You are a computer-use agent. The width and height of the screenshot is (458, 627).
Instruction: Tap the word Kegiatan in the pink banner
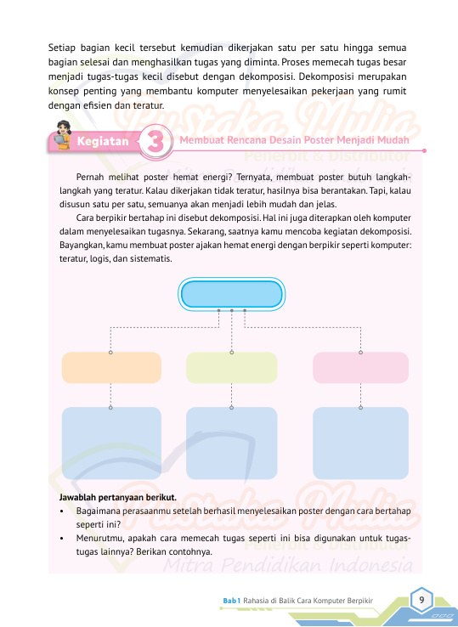(x=102, y=142)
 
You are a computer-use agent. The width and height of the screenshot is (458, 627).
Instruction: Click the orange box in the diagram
(x=111, y=368)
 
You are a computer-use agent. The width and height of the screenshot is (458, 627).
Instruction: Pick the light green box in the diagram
(x=231, y=368)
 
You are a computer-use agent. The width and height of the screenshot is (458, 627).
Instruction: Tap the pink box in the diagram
(x=360, y=368)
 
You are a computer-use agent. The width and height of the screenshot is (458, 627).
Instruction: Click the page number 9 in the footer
(x=421, y=600)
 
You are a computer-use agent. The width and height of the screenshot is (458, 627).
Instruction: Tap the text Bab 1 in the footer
(x=232, y=601)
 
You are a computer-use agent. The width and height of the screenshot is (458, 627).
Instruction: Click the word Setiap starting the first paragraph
(x=64, y=47)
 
